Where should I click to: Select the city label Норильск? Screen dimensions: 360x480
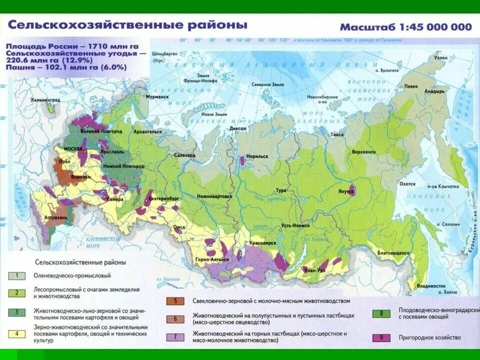click(x=256, y=156)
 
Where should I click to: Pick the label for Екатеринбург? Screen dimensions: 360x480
click(x=163, y=198)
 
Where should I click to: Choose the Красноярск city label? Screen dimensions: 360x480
click(x=259, y=242)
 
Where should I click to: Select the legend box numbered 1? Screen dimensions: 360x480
click(x=17, y=275)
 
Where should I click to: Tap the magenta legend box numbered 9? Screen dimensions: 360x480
click(x=381, y=337)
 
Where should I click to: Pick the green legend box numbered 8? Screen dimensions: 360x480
click(x=381, y=313)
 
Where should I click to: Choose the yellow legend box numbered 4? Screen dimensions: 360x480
click(x=17, y=334)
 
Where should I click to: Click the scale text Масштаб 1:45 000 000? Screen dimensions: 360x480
click(x=405, y=27)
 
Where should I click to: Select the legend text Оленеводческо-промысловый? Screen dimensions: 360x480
click(x=72, y=275)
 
